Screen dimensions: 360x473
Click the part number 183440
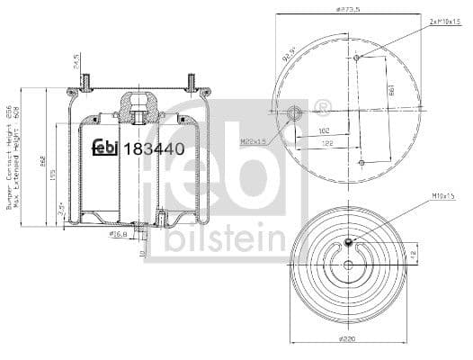coord(155,148)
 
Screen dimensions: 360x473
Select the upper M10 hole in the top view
coord(358,58)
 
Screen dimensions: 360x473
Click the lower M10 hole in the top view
coord(361,163)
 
